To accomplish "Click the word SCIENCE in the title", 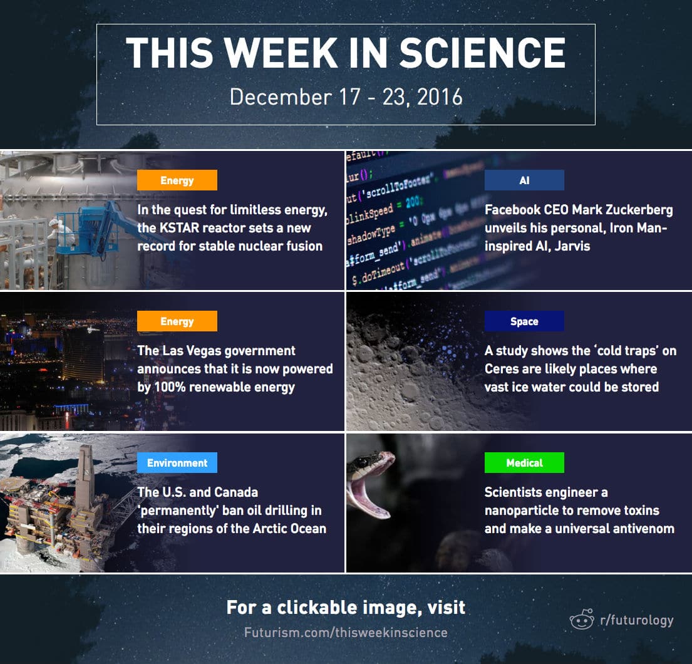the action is click(482, 53).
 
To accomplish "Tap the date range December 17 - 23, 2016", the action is click(346, 96).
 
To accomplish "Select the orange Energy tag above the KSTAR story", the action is click(177, 180).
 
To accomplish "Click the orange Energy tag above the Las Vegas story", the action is click(177, 321).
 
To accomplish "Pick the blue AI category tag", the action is click(524, 180).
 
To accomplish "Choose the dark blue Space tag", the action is click(524, 321).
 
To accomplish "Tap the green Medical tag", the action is click(524, 463).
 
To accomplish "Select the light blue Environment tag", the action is click(177, 463).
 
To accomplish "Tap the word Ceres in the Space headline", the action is click(500, 368).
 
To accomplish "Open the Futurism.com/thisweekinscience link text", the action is click(346, 632).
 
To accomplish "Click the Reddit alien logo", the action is click(582, 620).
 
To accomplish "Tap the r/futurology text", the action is click(637, 620).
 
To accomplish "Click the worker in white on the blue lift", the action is click(61, 231).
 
